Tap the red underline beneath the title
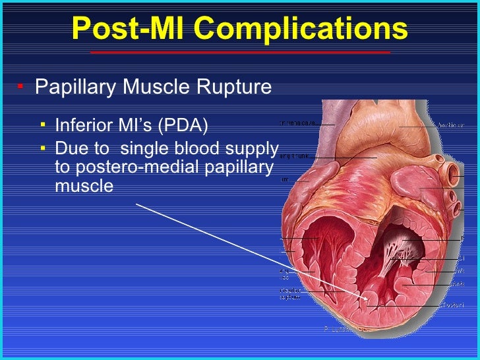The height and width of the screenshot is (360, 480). point(240,51)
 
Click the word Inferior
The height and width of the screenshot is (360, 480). point(80,125)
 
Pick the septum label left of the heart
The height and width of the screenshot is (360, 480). point(290,294)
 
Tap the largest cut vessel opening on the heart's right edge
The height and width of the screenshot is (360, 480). point(455,172)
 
